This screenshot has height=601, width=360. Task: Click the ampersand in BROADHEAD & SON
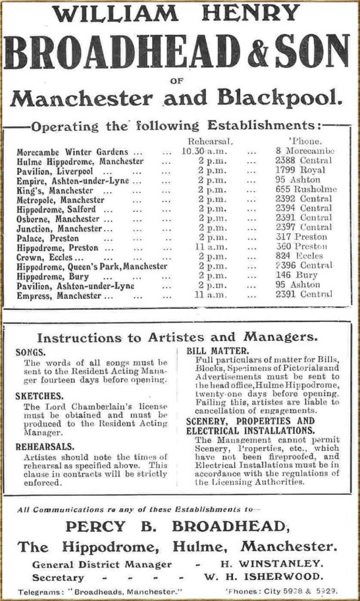coord(257,52)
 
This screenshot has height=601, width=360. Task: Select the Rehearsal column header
coord(210,141)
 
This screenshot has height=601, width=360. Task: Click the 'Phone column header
coord(305,141)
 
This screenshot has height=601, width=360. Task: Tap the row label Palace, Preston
coord(48,238)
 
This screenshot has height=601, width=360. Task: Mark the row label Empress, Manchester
coord(59,296)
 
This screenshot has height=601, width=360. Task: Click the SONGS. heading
coord(31,352)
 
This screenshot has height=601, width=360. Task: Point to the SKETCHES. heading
coord(39,396)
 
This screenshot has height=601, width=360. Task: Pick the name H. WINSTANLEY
coord(271,564)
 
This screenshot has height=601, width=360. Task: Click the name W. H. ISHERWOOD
coord(271,576)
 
